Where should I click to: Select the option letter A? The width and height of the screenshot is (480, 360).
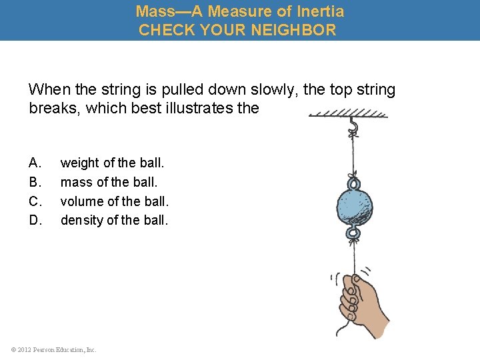pyautogui.click(x=35, y=163)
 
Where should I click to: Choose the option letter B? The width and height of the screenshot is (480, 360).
pyautogui.click(x=35, y=181)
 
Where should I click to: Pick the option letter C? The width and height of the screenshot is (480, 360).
pyautogui.click(x=35, y=200)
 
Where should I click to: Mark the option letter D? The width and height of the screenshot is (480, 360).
pyautogui.click(x=35, y=219)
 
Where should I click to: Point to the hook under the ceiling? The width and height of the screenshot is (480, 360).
pyautogui.click(x=353, y=126)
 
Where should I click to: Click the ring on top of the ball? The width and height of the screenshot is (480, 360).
pyautogui.click(x=353, y=182)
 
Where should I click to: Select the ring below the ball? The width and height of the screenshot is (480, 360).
pyautogui.click(x=353, y=231)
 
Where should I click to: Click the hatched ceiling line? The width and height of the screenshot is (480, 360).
pyautogui.click(x=349, y=114)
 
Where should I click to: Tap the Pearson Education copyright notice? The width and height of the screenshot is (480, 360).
pyautogui.click(x=54, y=349)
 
